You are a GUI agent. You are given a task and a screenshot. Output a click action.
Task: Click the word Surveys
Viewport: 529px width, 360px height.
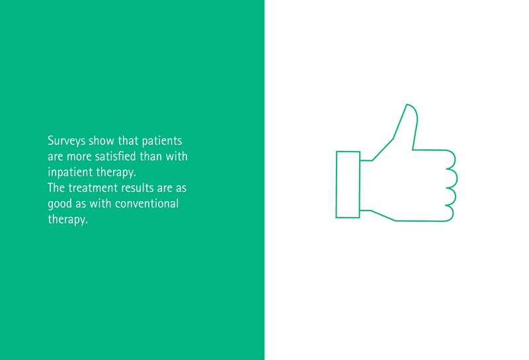pyautogui.click(x=67, y=141)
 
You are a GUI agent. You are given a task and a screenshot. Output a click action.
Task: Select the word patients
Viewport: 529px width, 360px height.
pyautogui.click(x=162, y=141)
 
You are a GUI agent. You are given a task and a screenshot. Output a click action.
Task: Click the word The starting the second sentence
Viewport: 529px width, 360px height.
pyautogui.click(x=56, y=188)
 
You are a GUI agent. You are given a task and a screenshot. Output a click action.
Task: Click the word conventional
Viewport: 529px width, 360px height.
pyautogui.click(x=147, y=204)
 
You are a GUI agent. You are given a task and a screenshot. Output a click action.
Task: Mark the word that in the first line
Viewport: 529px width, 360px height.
pyautogui.click(x=128, y=140)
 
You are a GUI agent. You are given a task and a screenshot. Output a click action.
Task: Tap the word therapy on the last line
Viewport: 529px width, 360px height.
pyautogui.click(x=68, y=220)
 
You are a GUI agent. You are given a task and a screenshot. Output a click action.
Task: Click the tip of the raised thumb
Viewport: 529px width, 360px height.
pyautogui.click(x=407, y=105)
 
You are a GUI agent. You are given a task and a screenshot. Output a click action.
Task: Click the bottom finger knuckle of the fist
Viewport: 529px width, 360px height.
pyautogui.click(x=452, y=213)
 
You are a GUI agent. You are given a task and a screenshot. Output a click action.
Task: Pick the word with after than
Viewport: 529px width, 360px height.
pyautogui.click(x=177, y=156)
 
